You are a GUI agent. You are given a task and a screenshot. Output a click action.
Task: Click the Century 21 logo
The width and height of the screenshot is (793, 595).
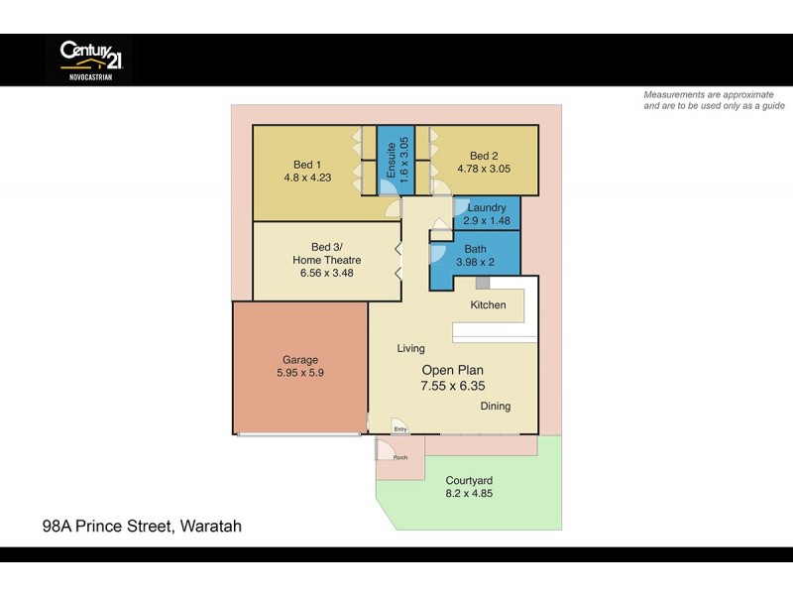click(88, 59)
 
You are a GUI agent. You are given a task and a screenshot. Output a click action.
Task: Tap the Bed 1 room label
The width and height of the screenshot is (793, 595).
click(307, 165)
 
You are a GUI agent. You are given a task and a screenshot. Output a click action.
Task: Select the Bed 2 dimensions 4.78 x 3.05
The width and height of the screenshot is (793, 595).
click(484, 170)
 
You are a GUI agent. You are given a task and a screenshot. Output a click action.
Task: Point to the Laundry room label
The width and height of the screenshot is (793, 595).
click(487, 207)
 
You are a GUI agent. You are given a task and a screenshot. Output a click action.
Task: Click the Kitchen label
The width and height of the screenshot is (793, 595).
click(488, 305)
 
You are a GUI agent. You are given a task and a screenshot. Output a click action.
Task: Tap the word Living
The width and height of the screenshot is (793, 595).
click(410, 349)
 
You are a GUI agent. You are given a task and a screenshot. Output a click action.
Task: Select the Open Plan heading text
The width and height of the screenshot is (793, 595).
click(453, 370)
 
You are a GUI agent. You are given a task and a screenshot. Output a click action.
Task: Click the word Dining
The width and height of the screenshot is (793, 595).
click(496, 407)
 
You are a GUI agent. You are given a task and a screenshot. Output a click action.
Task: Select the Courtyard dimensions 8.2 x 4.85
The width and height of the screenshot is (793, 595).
click(470, 493)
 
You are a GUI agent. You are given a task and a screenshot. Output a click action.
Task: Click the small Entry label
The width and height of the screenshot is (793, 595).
click(400, 429)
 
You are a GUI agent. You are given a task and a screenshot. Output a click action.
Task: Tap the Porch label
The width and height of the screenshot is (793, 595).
click(400, 457)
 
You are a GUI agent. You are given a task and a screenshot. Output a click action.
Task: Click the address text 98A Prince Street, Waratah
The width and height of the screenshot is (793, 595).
click(142, 527)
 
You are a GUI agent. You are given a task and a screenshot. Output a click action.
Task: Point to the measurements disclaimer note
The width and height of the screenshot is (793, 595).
click(714, 99)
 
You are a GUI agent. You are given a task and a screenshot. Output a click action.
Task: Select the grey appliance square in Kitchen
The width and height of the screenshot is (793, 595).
click(483, 284)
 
